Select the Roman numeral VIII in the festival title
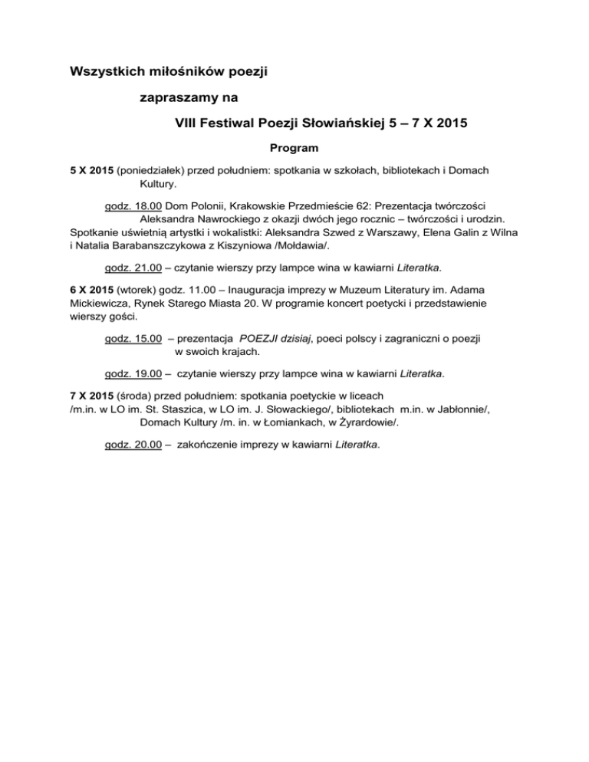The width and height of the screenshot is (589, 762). pyautogui.click(x=189, y=122)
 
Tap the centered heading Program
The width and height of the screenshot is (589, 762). pyautogui.click(x=294, y=146)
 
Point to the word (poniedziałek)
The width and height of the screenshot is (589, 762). pyautogui.click(x=156, y=169)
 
